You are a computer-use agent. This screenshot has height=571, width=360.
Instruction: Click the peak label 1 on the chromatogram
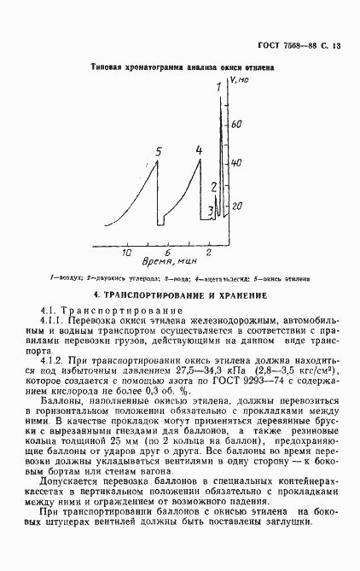point(218,87)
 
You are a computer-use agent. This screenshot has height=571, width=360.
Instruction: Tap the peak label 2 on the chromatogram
point(215,186)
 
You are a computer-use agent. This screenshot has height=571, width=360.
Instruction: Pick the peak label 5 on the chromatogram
point(158,152)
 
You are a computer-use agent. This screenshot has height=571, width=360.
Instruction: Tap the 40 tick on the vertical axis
point(237,163)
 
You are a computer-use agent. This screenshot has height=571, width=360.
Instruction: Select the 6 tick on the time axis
point(168,253)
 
